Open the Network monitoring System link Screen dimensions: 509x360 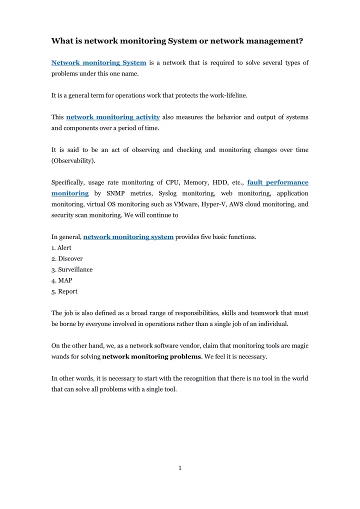pyautogui.click(x=99, y=62)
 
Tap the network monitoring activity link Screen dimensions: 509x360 pyautogui.click(x=113, y=117)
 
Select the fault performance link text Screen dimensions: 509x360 pyautogui.click(x=278, y=182)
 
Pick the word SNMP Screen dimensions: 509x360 pyautogui.click(x=116, y=193)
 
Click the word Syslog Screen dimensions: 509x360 pyautogui.click(x=162, y=193)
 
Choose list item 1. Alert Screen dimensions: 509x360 pyautogui.click(x=61, y=247)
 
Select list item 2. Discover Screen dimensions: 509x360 pyautogui.click(x=67, y=258)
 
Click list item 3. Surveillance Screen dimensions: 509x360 pyautogui.click(x=72, y=269)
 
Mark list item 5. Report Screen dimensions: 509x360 pyautogui.click(x=64, y=291)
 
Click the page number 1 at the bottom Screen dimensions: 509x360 pyautogui.click(x=180, y=468)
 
